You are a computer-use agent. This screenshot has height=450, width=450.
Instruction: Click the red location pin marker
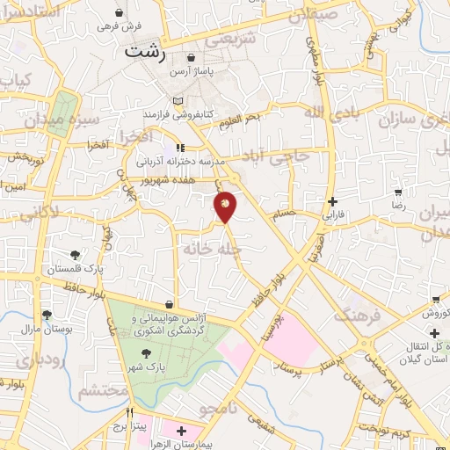coord(226,205)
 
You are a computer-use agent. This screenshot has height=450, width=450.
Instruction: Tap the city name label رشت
coord(145,50)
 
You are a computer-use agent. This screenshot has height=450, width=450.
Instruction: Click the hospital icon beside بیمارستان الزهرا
coord(181,432)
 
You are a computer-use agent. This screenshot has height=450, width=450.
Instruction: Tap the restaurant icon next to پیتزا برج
coord(129,413)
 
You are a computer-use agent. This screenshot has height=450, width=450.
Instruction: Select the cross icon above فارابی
coord(332,201)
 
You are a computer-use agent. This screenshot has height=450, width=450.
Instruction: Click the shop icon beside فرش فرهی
coord(120,14)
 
